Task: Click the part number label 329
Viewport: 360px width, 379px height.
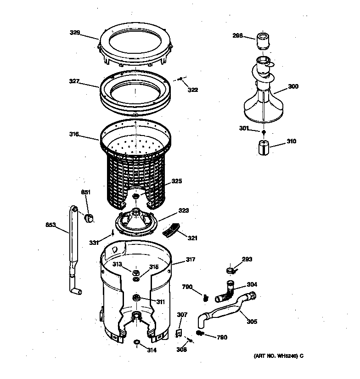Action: coord(74,33)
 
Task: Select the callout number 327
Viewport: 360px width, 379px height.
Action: coord(74,81)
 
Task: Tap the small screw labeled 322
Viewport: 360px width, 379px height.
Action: coord(181,79)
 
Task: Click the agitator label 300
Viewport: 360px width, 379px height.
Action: coord(292,86)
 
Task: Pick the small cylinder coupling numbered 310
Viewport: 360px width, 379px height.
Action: coord(263,148)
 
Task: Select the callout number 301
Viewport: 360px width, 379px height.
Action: coord(244,129)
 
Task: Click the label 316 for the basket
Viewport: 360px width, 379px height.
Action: coord(74,134)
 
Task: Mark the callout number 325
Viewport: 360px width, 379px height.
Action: coord(177,181)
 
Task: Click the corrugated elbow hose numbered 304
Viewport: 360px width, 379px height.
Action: coord(226,290)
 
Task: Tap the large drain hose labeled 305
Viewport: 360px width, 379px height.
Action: coord(225,314)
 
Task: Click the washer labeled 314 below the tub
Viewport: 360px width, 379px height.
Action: coord(136,342)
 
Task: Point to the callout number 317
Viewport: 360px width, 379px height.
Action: coord(190,260)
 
